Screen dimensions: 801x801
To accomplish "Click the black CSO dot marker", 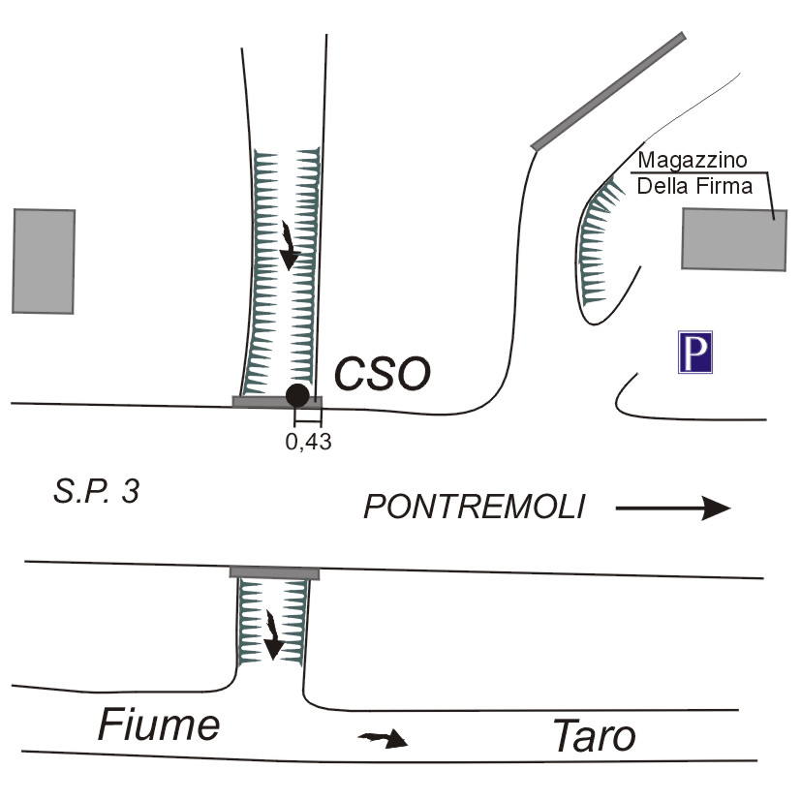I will point(297,394).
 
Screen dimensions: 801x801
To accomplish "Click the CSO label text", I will point(382,373).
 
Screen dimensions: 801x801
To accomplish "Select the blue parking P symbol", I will point(694,353).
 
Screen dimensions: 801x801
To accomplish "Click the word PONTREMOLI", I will point(474,507).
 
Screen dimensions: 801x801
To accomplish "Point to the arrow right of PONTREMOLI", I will point(672,508).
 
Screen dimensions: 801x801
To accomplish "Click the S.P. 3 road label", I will point(93,491).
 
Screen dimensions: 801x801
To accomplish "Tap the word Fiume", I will point(160,724).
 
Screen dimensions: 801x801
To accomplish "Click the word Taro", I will point(595,737).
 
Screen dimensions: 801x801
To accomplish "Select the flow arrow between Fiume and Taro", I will point(384,740).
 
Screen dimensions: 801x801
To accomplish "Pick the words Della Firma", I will point(694,186).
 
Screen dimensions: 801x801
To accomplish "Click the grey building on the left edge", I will point(44,261).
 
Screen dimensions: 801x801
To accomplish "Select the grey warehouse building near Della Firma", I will point(733,238).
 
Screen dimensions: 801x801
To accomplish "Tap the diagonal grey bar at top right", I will point(609,91).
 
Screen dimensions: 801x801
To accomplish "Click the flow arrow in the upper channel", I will point(288,246).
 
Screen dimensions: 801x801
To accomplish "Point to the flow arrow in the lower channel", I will point(274,634).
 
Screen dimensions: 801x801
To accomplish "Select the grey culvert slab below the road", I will point(274,572).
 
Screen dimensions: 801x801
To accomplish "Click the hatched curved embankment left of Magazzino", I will point(593,237).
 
